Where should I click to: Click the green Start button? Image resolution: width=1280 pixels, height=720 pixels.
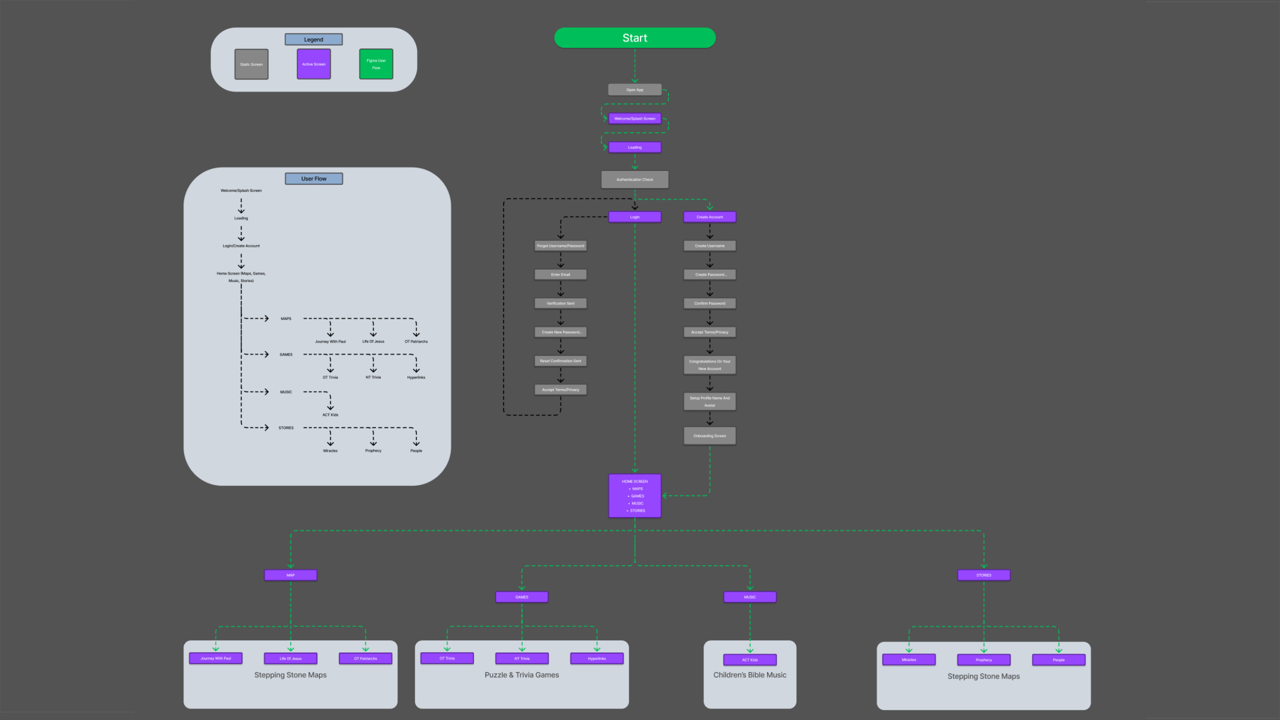tap(634, 38)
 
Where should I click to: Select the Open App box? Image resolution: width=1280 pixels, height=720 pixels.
tap(634, 90)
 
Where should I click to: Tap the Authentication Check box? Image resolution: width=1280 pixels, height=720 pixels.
tap(634, 179)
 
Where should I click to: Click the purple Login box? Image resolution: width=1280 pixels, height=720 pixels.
tap(634, 217)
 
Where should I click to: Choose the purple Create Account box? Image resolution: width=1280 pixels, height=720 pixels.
tap(709, 217)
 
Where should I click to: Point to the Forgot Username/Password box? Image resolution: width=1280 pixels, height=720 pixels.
tap(560, 246)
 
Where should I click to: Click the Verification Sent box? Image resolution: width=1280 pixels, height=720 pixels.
tap(560, 303)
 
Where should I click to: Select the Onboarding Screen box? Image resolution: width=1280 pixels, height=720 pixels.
tap(709, 436)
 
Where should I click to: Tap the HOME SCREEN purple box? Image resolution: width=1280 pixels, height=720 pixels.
tap(634, 495)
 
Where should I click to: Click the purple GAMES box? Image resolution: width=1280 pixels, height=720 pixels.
tap(521, 597)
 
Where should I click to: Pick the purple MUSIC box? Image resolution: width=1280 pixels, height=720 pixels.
tap(749, 597)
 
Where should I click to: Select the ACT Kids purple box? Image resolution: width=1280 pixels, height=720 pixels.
tap(749, 660)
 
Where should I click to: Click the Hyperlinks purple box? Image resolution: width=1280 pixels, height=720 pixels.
tap(596, 658)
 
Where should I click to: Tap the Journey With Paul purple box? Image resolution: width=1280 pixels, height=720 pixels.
tap(215, 658)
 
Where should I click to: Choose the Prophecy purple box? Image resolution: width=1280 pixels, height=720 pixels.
tap(983, 660)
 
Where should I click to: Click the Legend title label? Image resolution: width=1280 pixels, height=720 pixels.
tap(313, 39)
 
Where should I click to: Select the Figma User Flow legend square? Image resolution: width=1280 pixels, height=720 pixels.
tap(376, 64)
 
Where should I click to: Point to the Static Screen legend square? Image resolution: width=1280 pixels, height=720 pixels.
tap(251, 64)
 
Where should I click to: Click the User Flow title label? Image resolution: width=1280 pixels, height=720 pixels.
tap(313, 178)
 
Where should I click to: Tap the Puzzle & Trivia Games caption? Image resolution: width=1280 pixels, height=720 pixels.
tap(521, 675)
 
